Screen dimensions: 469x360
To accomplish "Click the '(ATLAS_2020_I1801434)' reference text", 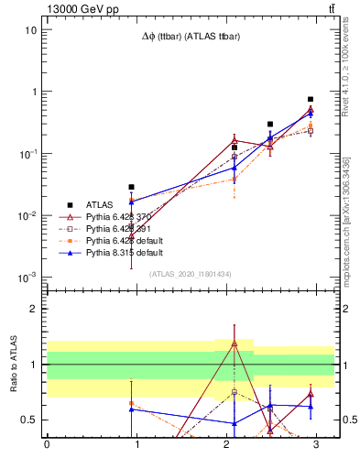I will click(x=190, y=274).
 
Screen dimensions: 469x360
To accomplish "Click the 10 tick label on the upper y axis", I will click(x=31, y=29).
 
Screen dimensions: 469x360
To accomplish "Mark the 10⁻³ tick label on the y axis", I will click(x=28, y=278).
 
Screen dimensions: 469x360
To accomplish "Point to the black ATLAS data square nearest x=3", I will click(x=311, y=99).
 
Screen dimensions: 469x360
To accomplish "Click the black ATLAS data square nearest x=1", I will click(x=131, y=187).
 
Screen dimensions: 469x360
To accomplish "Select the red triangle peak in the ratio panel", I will click(x=235, y=344).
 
